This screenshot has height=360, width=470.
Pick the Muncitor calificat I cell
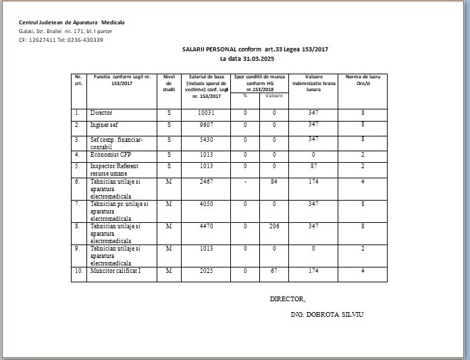click(115, 271)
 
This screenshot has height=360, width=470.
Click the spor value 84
click(274, 182)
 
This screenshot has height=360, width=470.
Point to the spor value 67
click(274, 271)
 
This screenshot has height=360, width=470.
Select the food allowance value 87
click(313, 165)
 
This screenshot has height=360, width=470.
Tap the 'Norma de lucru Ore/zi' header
click(363, 80)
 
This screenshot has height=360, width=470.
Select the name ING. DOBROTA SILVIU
click(326, 315)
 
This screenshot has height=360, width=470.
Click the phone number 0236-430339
click(84, 40)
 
